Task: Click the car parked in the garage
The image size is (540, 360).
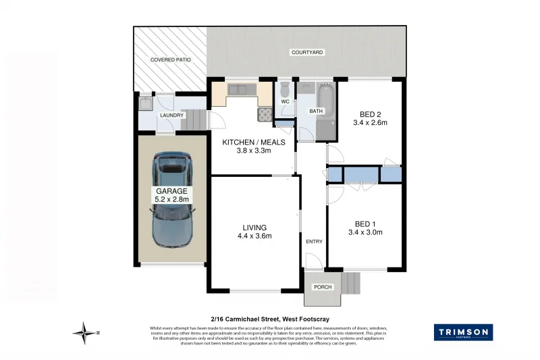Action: [x=172, y=199]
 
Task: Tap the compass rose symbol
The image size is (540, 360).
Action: [x=85, y=332]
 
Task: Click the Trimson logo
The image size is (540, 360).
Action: [x=462, y=332]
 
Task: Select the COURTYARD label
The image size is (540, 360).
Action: [x=307, y=52]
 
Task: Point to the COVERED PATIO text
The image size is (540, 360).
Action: [x=170, y=60]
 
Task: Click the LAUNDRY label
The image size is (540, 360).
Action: [x=171, y=115]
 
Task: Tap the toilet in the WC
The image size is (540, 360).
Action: [x=286, y=90]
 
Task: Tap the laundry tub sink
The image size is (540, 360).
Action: [x=144, y=103]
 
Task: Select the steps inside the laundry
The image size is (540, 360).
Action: [x=192, y=121]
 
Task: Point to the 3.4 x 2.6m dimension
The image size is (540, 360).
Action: [x=369, y=123]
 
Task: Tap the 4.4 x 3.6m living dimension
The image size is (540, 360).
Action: [x=255, y=236]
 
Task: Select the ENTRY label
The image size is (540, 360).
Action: [x=314, y=242]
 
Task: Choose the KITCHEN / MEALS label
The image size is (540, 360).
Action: [x=254, y=142]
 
